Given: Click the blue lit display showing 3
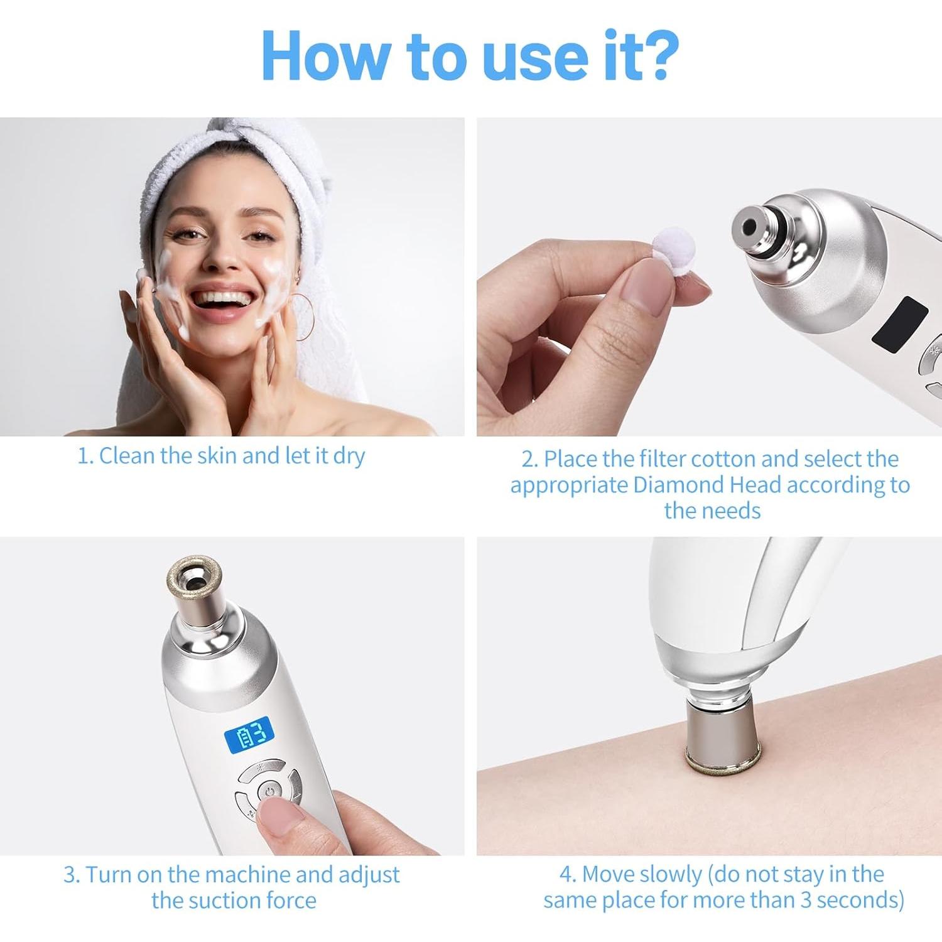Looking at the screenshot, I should click(x=249, y=734).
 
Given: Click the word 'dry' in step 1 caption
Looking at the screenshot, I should click(x=349, y=457).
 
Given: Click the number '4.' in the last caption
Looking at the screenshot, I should click(x=568, y=874).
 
